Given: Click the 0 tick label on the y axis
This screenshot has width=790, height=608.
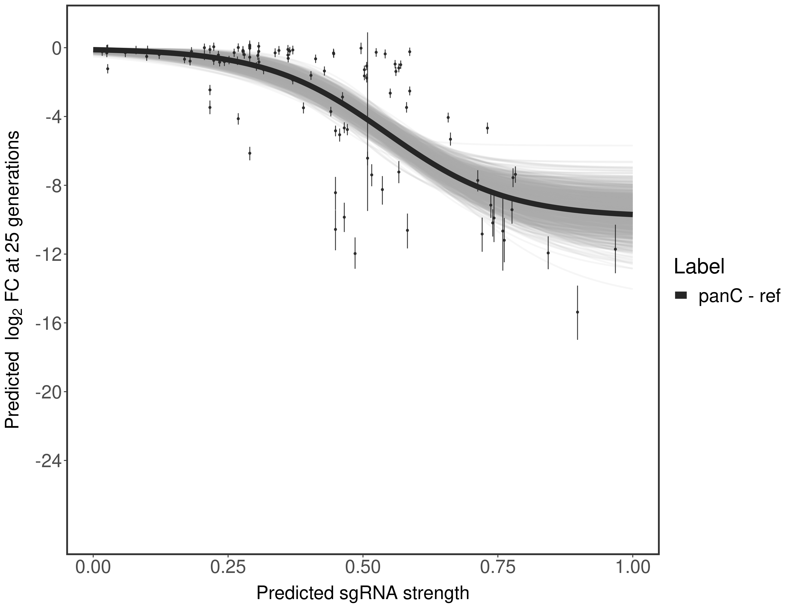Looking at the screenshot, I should pyautogui.click(x=56, y=48).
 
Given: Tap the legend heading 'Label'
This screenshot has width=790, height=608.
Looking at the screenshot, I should pyautogui.click(x=699, y=267).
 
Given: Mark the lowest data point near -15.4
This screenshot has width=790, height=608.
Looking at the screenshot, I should pyautogui.click(x=577, y=312).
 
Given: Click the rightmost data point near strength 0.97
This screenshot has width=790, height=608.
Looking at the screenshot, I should pyautogui.click(x=615, y=249).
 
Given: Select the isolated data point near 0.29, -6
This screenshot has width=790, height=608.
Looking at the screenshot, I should pyautogui.click(x=250, y=153).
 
